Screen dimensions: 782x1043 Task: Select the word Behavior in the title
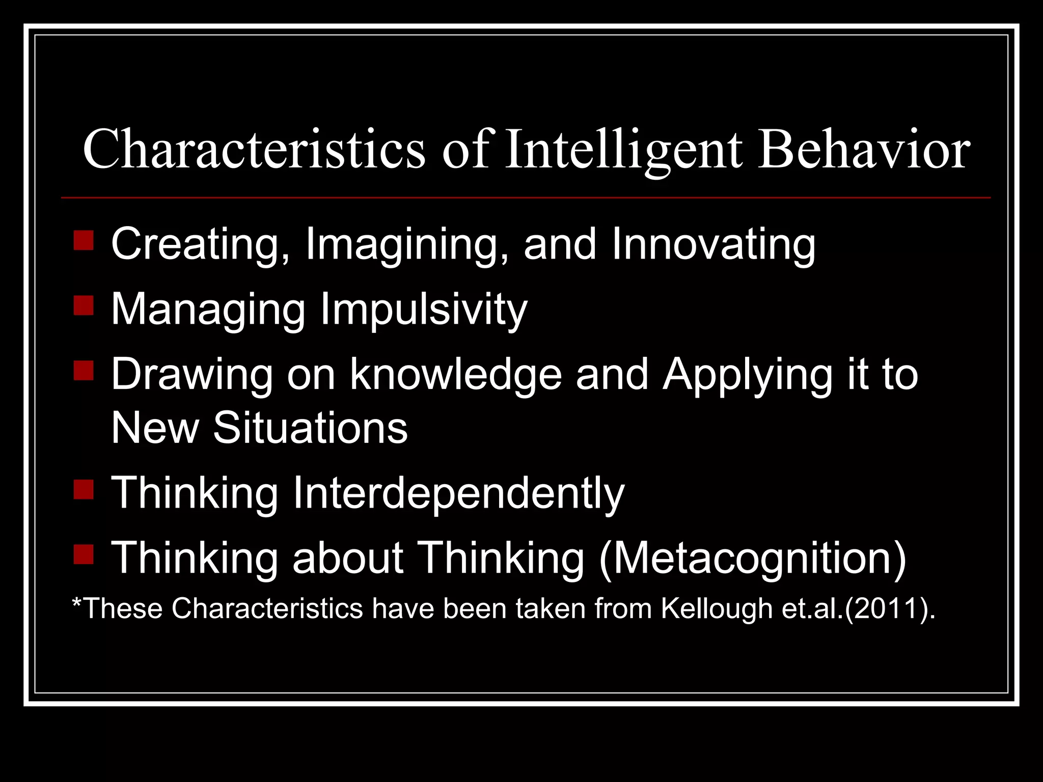click(864, 150)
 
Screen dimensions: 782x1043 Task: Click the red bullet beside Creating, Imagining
click(84, 240)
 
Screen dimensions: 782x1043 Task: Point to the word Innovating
click(713, 244)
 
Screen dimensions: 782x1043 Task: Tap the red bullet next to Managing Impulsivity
click(84, 306)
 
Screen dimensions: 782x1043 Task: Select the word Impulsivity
click(424, 310)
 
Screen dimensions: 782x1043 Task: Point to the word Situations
click(310, 428)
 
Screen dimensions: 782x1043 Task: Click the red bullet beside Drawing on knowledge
click(84, 371)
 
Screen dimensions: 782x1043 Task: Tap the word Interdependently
click(458, 493)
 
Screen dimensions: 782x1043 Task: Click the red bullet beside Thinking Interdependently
click(84, 489)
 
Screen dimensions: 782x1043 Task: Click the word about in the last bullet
click(348, 558)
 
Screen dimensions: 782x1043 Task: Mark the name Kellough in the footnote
click(717, 609)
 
